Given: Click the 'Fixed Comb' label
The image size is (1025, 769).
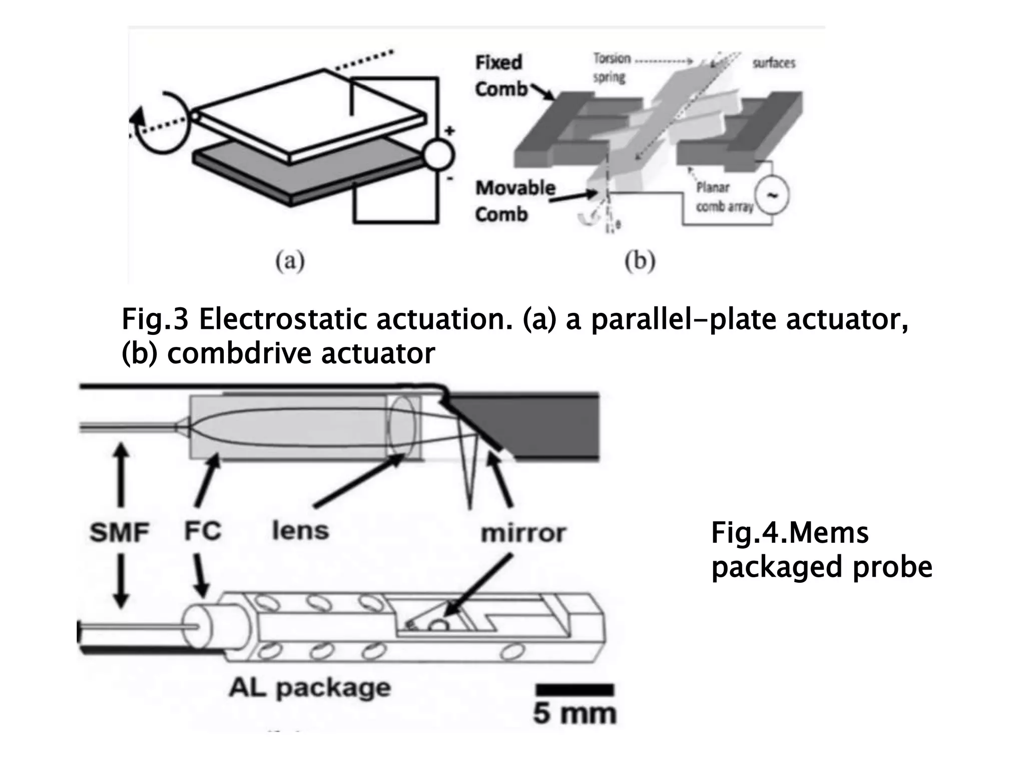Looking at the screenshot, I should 499,76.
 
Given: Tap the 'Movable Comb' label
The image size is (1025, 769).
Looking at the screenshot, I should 515,201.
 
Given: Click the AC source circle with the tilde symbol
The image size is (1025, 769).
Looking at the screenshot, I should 771,196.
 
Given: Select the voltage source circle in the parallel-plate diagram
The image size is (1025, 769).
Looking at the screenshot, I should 438,154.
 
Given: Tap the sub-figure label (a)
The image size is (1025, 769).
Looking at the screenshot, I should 290,261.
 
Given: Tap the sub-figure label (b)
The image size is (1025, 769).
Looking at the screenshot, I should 640,261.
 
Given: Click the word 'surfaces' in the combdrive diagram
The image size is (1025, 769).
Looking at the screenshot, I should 774,63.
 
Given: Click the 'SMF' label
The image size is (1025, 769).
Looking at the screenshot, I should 120,532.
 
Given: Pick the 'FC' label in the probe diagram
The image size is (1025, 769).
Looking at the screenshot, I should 202,531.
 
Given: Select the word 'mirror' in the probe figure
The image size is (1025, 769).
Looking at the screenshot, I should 523,533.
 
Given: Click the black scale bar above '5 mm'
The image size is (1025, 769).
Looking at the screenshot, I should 575,689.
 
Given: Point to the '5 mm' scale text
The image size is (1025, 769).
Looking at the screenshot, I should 575,713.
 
